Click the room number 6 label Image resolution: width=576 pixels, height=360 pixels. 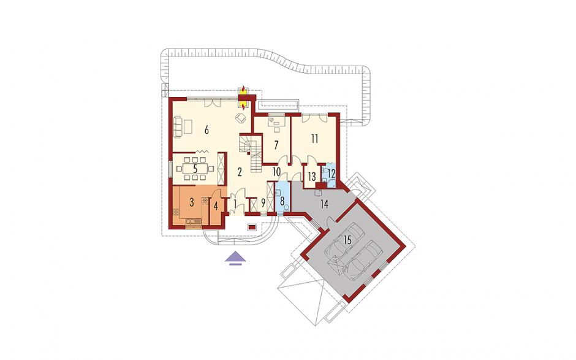207,130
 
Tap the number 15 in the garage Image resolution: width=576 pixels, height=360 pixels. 347,240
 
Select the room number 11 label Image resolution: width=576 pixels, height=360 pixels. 314,139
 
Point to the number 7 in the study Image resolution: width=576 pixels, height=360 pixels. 276,145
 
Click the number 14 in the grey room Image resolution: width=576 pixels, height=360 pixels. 324,204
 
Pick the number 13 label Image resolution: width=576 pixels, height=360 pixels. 311,177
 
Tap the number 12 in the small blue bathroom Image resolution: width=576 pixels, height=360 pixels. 332,172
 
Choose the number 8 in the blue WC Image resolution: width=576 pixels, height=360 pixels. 282,201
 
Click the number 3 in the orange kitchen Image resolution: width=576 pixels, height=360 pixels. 191,202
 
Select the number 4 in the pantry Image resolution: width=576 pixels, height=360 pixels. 216,205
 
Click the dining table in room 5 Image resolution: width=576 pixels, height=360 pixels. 195,169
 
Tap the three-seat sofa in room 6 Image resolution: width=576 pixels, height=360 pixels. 177,126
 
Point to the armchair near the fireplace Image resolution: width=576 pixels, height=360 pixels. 241,118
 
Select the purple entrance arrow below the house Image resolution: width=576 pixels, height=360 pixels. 236,258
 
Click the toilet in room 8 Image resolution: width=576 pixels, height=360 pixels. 286,208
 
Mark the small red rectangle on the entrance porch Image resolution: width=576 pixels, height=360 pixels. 252,227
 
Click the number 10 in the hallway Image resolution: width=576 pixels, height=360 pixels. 276,172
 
